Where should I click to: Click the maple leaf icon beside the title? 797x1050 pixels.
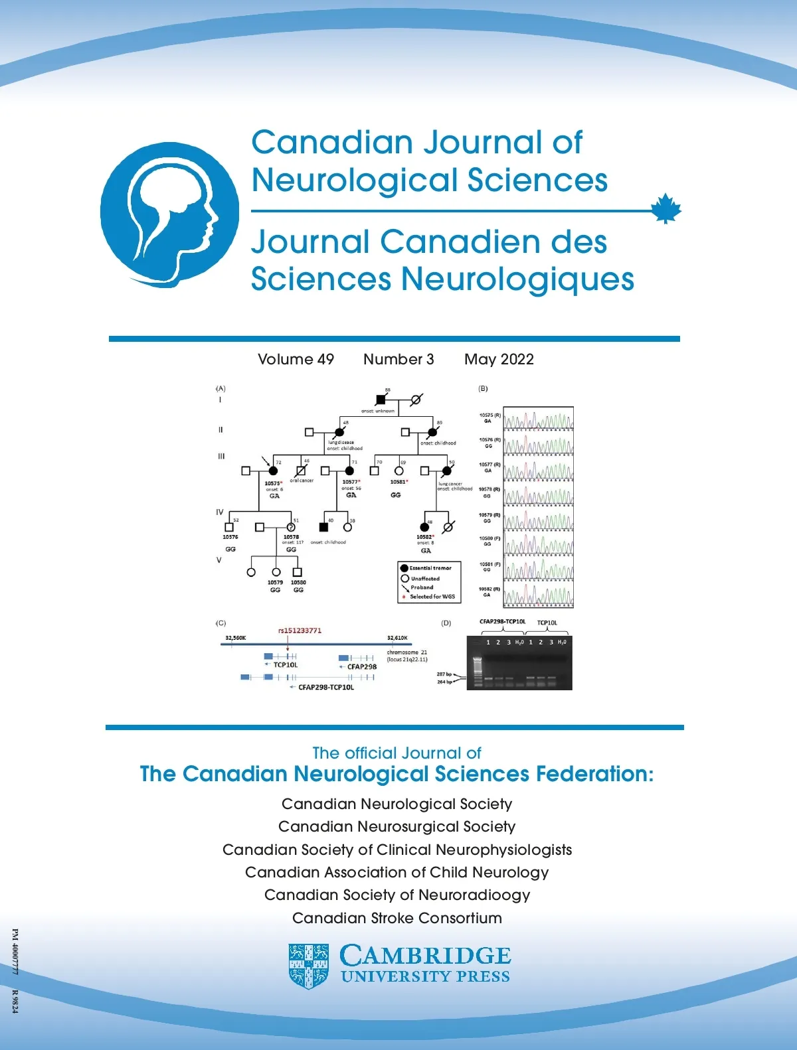point(665,209)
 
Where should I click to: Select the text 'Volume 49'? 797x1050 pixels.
point(296,359)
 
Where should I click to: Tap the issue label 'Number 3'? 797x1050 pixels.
point(398,359)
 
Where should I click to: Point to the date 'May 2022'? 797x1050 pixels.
point(499,359)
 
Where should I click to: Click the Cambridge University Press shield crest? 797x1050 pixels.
point(309,966)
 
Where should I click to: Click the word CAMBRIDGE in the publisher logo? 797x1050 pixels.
point(425,956)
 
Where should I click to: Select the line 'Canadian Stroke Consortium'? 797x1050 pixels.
point(397,918)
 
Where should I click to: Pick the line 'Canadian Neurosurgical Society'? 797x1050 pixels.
point(397,826)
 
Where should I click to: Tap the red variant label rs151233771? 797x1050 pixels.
point(300,631)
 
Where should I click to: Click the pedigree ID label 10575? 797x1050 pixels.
point(272,484)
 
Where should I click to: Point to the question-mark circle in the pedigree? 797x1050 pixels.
point(291,527)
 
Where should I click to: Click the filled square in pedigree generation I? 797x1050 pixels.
point(381,400)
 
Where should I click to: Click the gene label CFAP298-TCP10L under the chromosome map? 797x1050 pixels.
point(325,688)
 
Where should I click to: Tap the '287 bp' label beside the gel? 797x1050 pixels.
point(444,674)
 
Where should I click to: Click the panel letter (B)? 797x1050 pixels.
point(483,388)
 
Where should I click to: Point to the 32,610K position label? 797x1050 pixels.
point(397,638)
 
